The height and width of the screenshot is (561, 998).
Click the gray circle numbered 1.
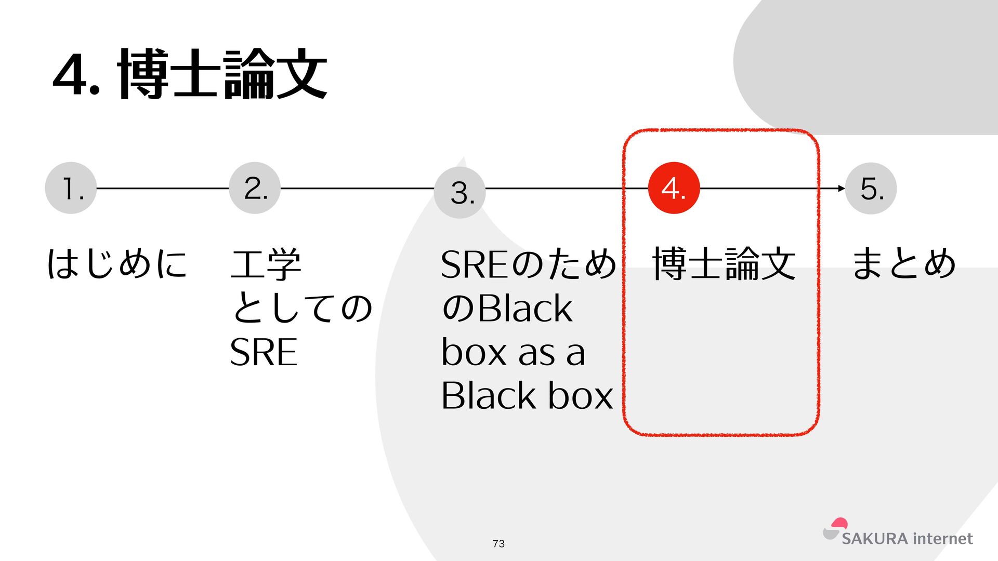point(71,188)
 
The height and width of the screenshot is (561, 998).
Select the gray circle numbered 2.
point(255,188)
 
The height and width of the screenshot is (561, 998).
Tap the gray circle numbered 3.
point(459,193)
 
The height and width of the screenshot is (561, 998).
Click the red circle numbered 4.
point(674,188)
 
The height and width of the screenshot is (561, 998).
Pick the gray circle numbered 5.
point(871,188)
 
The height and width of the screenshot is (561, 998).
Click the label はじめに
point(117,263)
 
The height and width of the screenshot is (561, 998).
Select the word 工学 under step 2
point(266,264)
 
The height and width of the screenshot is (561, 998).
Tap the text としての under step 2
point(301,308)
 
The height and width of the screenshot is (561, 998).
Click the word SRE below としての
point(264,352)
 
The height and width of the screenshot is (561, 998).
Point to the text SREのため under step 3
point(528,264)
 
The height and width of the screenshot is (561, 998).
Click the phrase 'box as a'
point(513,352)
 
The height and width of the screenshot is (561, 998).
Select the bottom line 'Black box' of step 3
point(527,396)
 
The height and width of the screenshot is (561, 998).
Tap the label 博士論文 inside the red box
point(724,264)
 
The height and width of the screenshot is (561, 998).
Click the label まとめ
point(904,263)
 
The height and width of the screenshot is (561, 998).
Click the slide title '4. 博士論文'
point(190,74)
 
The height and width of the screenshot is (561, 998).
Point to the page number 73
point(498,543)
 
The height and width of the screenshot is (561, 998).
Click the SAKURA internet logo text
point(907,539)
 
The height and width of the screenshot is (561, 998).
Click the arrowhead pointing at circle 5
point(842,188)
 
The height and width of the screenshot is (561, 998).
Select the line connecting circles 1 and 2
point(163,188)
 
